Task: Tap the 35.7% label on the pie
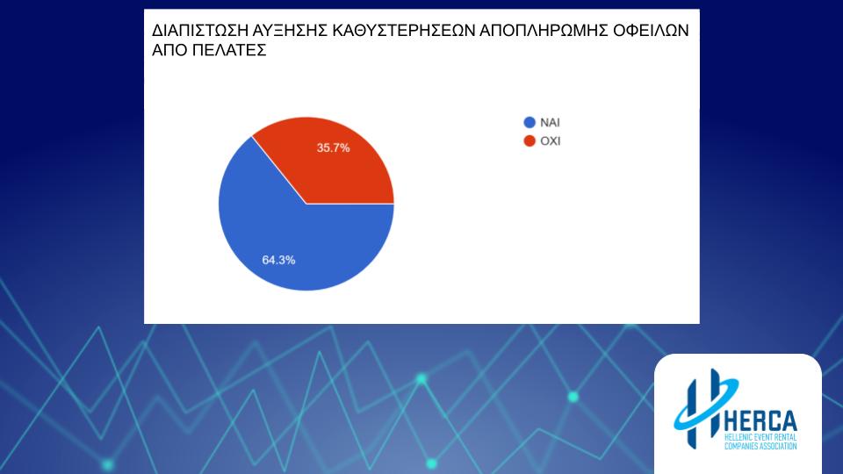334,147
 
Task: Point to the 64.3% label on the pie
278,260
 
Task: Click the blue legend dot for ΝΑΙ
530,123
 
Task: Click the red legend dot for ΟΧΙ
530,140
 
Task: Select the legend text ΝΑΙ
550,123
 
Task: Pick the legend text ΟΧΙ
551,140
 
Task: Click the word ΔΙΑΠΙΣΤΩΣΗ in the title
200,31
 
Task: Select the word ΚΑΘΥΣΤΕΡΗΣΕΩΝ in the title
403,31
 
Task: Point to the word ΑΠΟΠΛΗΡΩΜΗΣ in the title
544,31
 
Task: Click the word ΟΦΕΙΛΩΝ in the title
651,31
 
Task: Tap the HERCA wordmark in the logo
760,420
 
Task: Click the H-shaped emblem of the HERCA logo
705,408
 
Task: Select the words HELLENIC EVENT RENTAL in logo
760,437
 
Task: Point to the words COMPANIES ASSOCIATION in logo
760,446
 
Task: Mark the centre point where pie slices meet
306,205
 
